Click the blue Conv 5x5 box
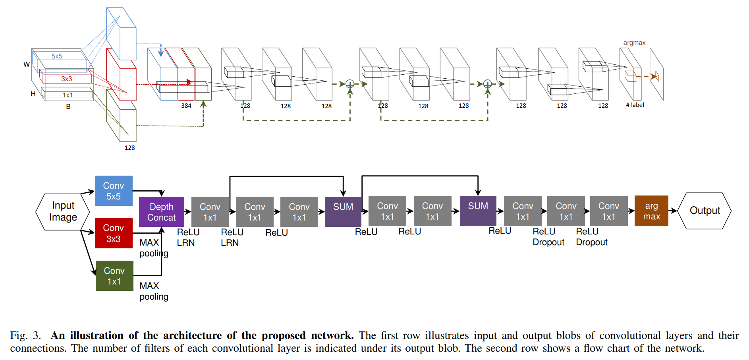point(114,191)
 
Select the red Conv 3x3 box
point(114,233)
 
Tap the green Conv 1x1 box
point(114,276)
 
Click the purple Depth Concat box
point(161,212)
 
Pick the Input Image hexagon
point(63,211)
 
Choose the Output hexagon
point(705,211)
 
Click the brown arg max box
point(651,211)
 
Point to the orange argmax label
point(634,43)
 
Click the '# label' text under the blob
point(635,105)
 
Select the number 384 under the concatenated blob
point(186,106)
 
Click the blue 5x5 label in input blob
point(57,56)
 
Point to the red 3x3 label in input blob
point(66,79)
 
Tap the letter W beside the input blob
point(27,64)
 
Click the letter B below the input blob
point(68,106)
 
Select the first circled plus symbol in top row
point(350,84)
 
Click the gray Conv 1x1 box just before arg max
point(608,211)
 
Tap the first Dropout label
point(548,242)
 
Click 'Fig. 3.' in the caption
point(25,335)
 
